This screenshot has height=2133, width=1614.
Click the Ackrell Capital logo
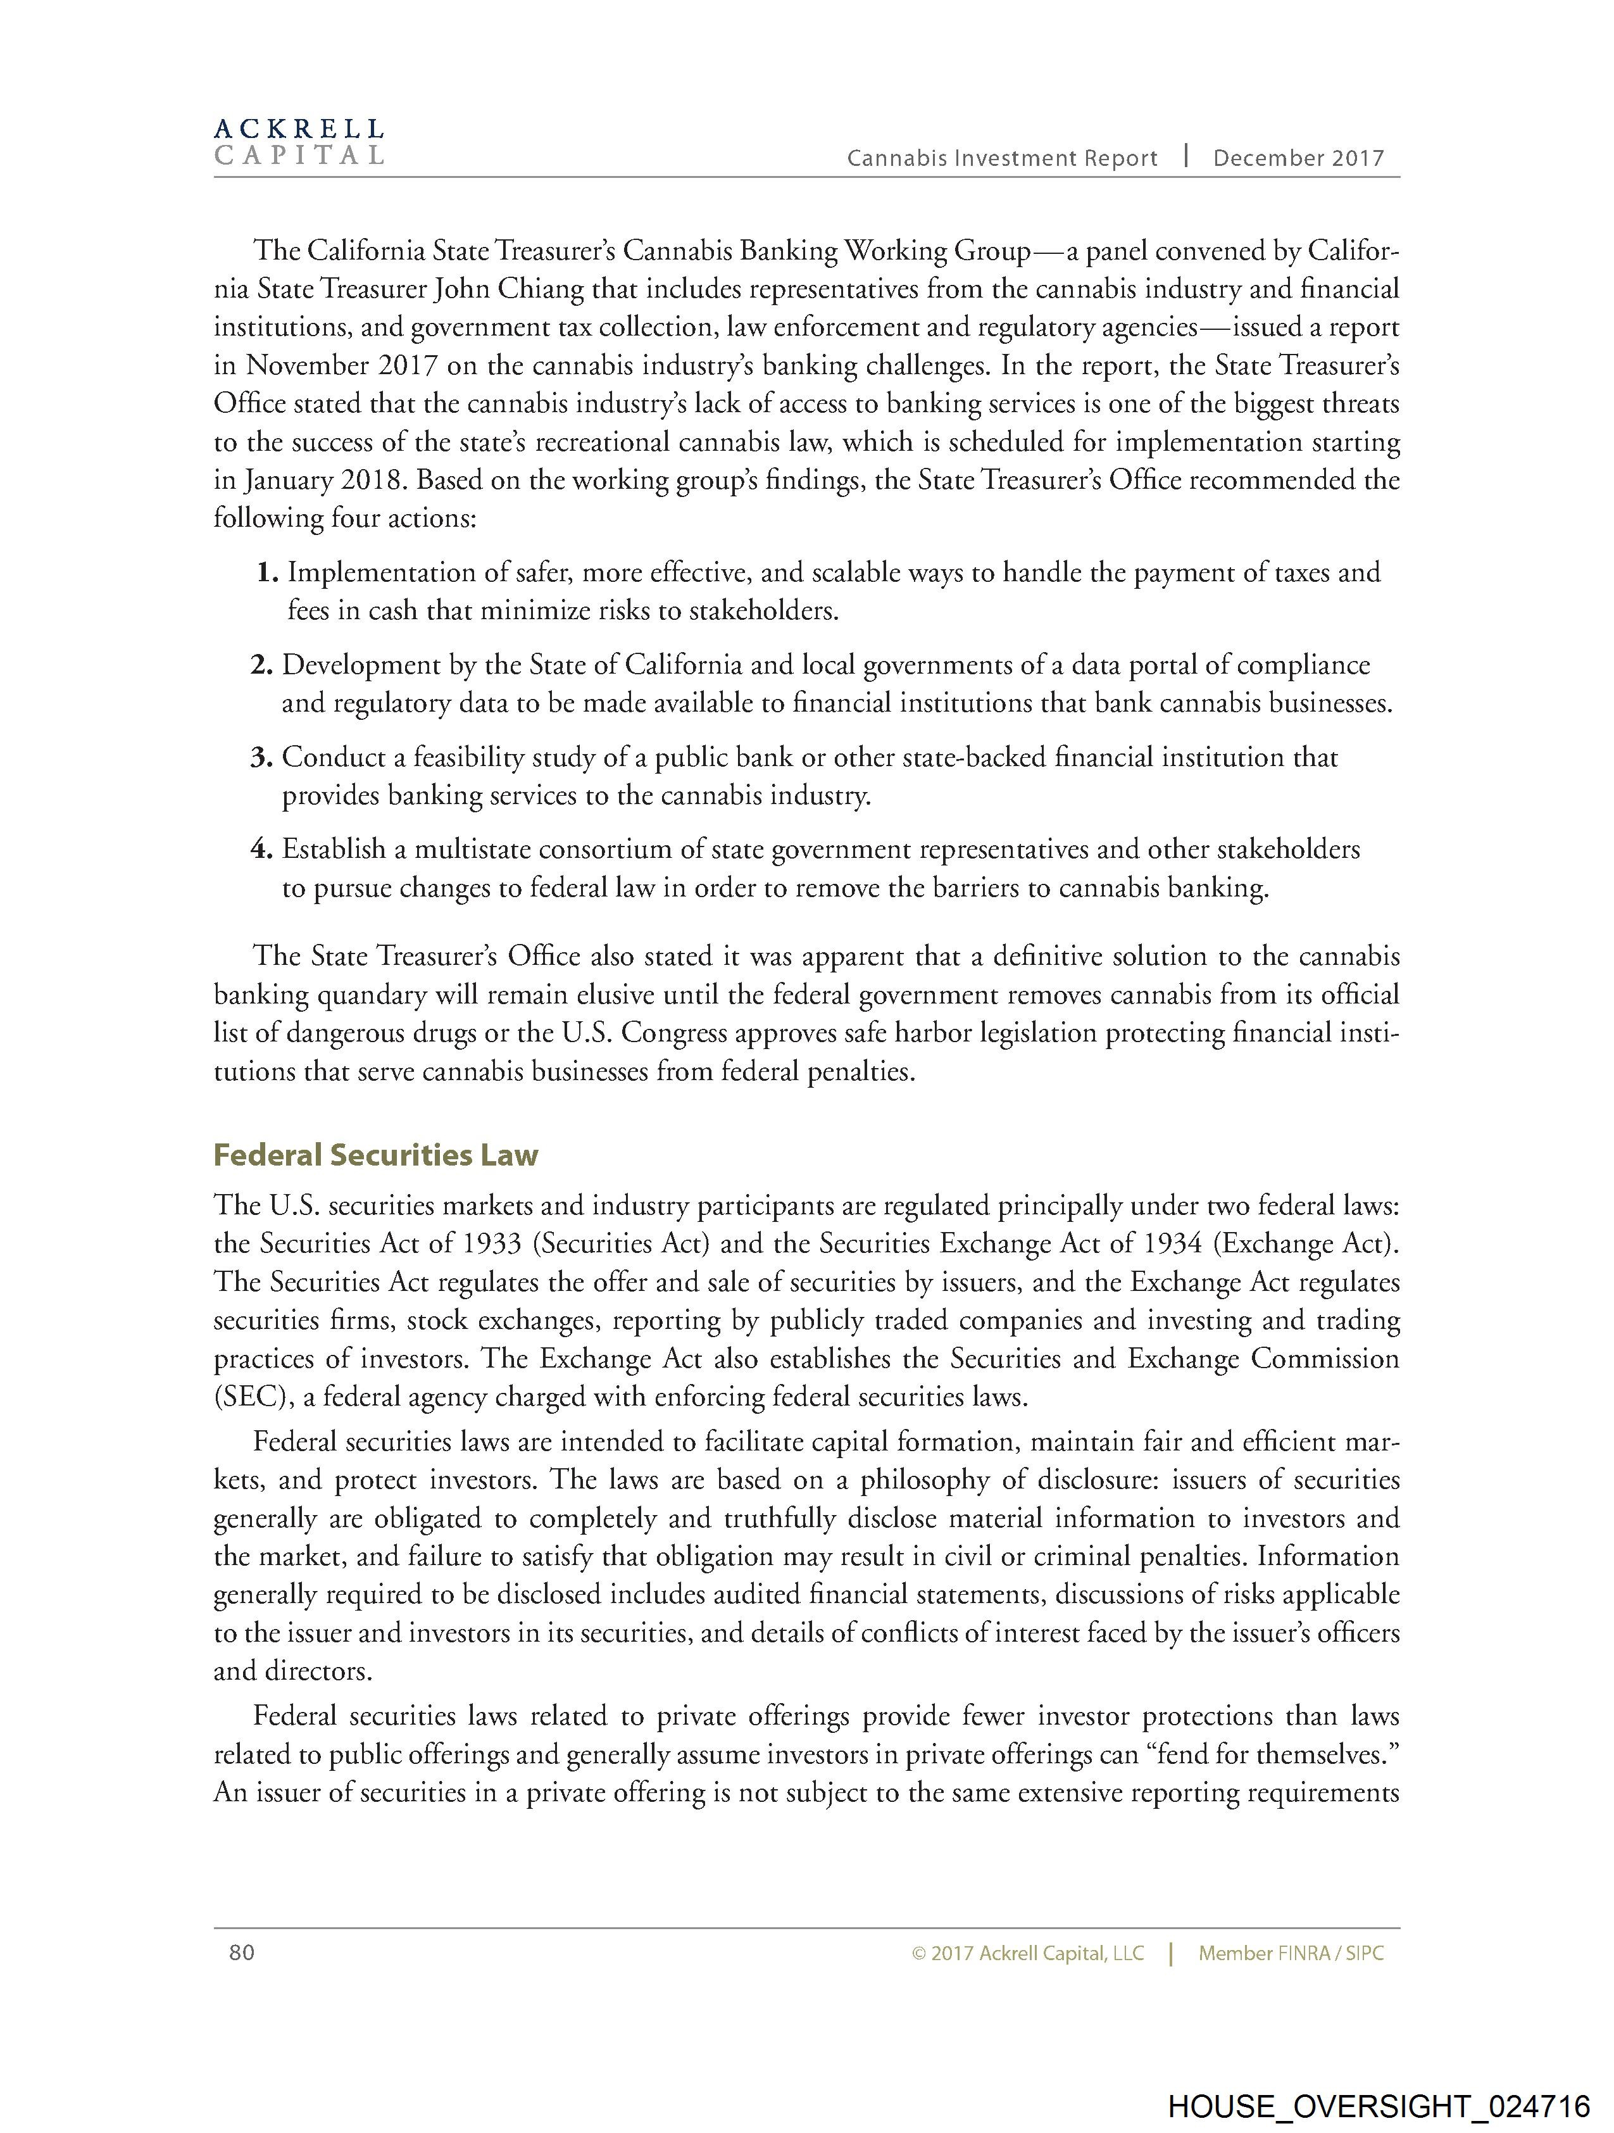pos(299,142)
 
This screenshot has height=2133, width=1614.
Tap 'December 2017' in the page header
pos(1298,159)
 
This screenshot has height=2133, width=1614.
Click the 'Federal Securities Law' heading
pos(375,1155)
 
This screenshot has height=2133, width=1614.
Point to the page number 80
pos(242,1953)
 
